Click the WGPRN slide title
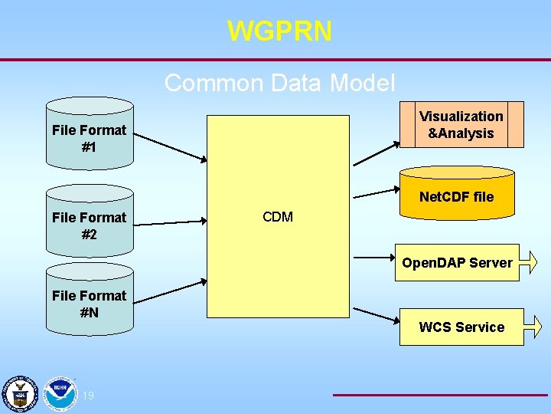pos(279,31)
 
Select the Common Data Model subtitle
pos(279,82)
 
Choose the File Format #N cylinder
pos(90,302)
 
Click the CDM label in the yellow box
pos(278,217)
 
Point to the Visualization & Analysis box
pos(461,124)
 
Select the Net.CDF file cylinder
pos(457,197)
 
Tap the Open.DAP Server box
pos(457,263)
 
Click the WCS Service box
pos(461,327)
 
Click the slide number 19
pos(88,396)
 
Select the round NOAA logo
pos(59,393)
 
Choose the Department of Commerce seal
pos(18,393)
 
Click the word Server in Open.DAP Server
pos(490,263)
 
